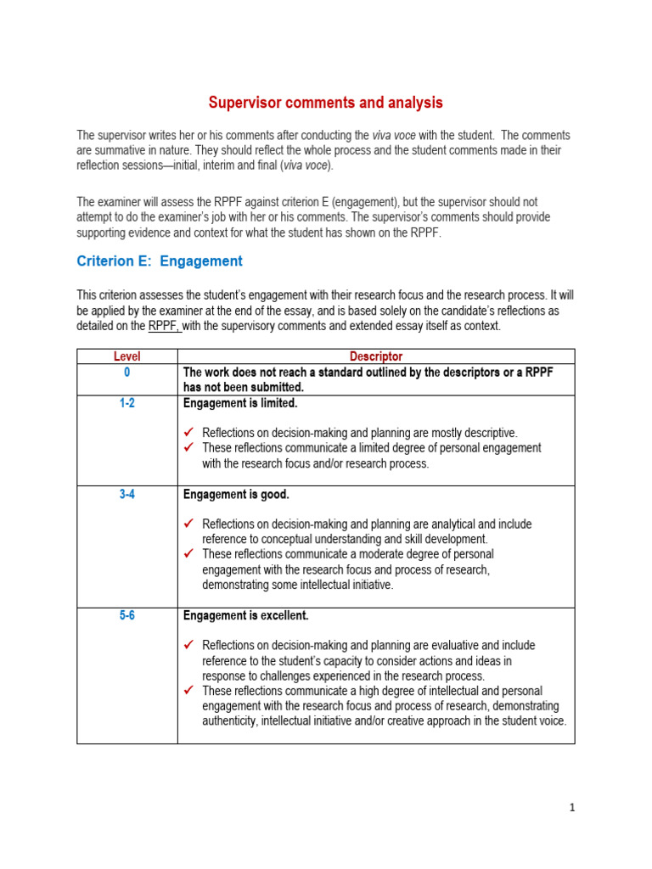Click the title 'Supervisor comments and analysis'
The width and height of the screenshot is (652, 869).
pos(326,103)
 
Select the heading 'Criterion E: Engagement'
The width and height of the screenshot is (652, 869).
pos(160,261)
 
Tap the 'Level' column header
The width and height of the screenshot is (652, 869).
pos(126,356)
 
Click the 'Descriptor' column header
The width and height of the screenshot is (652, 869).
pos(376,356)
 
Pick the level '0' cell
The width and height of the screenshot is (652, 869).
pos(126,372)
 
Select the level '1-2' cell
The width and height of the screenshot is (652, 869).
pos(126,403)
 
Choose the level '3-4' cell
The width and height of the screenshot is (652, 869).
pos(126,494)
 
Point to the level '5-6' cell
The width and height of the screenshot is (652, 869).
pos(126,615)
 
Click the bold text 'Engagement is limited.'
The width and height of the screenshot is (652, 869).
pos(240,403)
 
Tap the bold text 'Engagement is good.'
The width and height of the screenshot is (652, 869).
pos(236,494)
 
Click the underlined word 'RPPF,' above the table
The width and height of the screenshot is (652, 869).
pos(164,326)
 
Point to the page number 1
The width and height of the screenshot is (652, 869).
pos(572,808)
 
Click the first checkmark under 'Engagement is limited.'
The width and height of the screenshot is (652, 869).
pos(189,433)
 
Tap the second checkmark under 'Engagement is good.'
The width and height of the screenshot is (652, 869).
pos(189,554)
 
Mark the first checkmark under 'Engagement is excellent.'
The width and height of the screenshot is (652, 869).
pos(189,646)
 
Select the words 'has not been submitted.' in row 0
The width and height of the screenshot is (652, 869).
pos(244,387)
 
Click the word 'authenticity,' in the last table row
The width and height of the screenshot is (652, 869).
pos(231,721)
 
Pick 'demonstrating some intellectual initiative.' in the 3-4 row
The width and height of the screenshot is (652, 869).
pos(297,585)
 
